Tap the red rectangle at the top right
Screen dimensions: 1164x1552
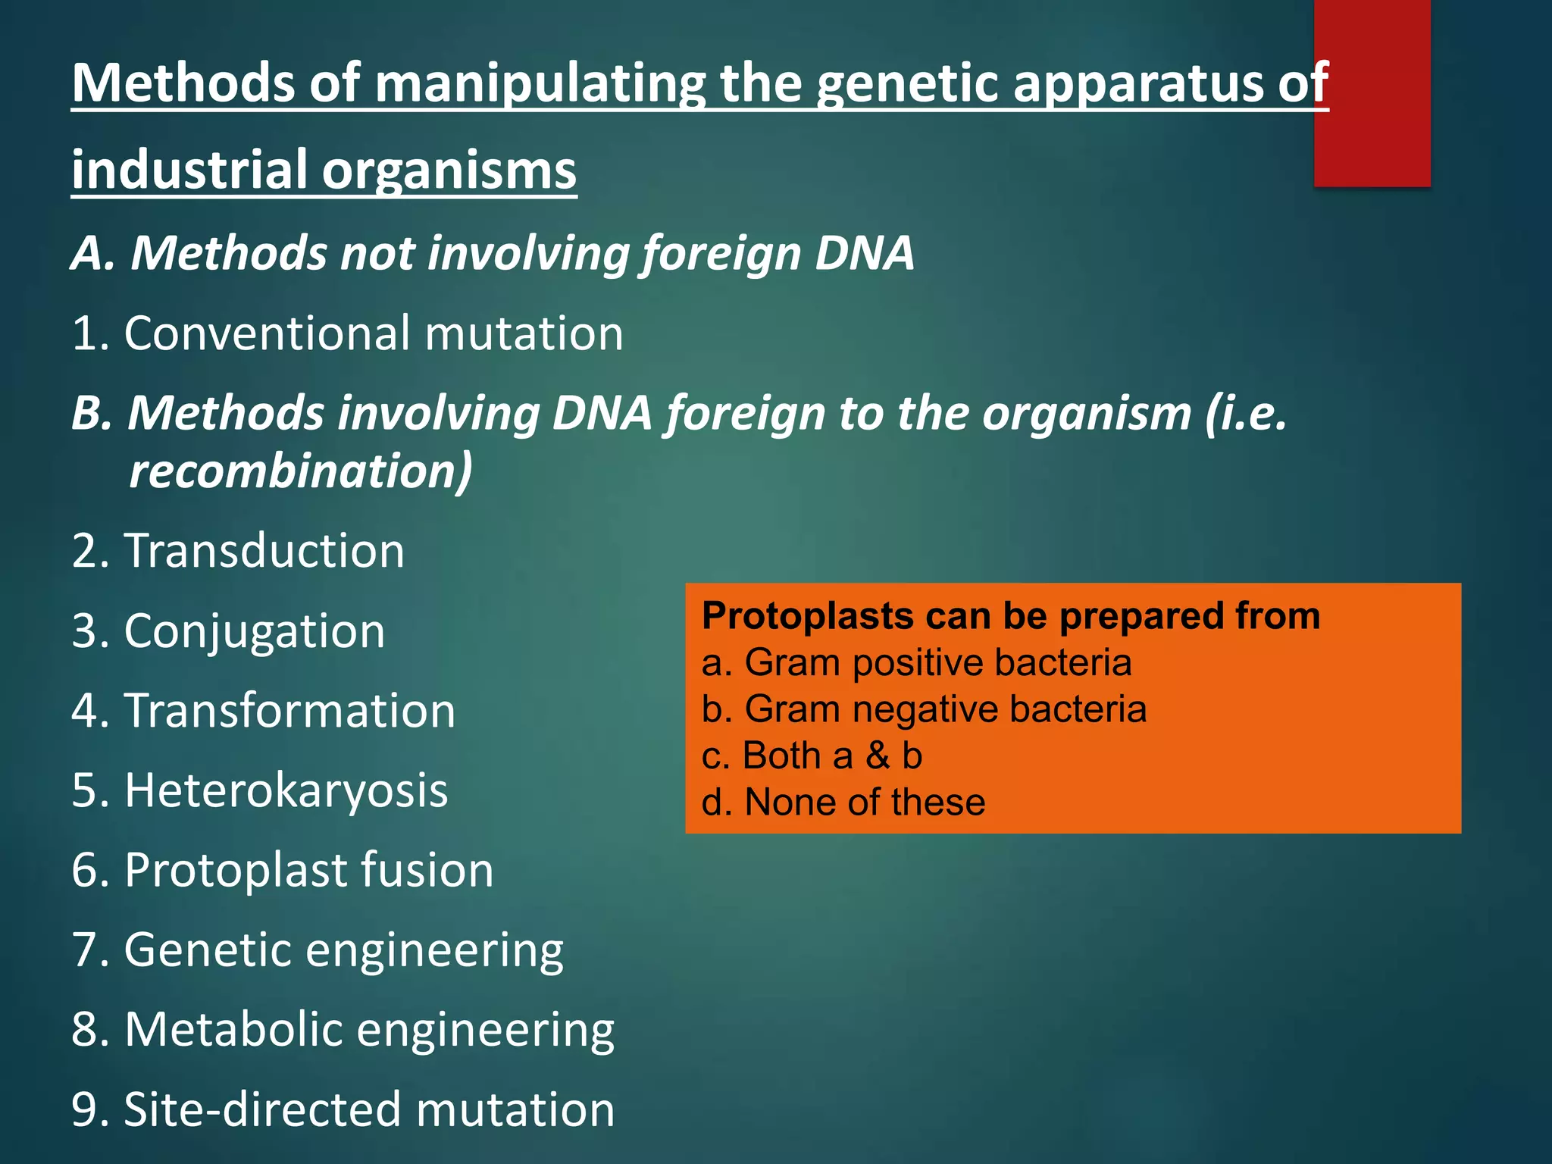click(1372, 92)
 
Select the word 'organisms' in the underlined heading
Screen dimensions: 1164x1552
click(449, 171)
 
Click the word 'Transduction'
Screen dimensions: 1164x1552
click(264, 551)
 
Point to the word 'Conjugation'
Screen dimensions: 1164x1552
click(255, 631)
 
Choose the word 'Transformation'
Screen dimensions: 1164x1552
click(289, 712)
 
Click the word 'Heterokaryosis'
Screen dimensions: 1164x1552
click(286, 791)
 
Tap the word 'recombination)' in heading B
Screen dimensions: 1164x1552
click(301, 471)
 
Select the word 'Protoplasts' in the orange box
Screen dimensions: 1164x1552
click(807, 616)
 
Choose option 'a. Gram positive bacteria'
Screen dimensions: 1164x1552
click(916, 663)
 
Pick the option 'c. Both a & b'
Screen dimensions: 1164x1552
click(812, 756)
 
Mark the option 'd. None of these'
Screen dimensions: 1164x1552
click(843, 803)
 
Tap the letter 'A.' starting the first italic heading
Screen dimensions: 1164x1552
click(93, 253)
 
